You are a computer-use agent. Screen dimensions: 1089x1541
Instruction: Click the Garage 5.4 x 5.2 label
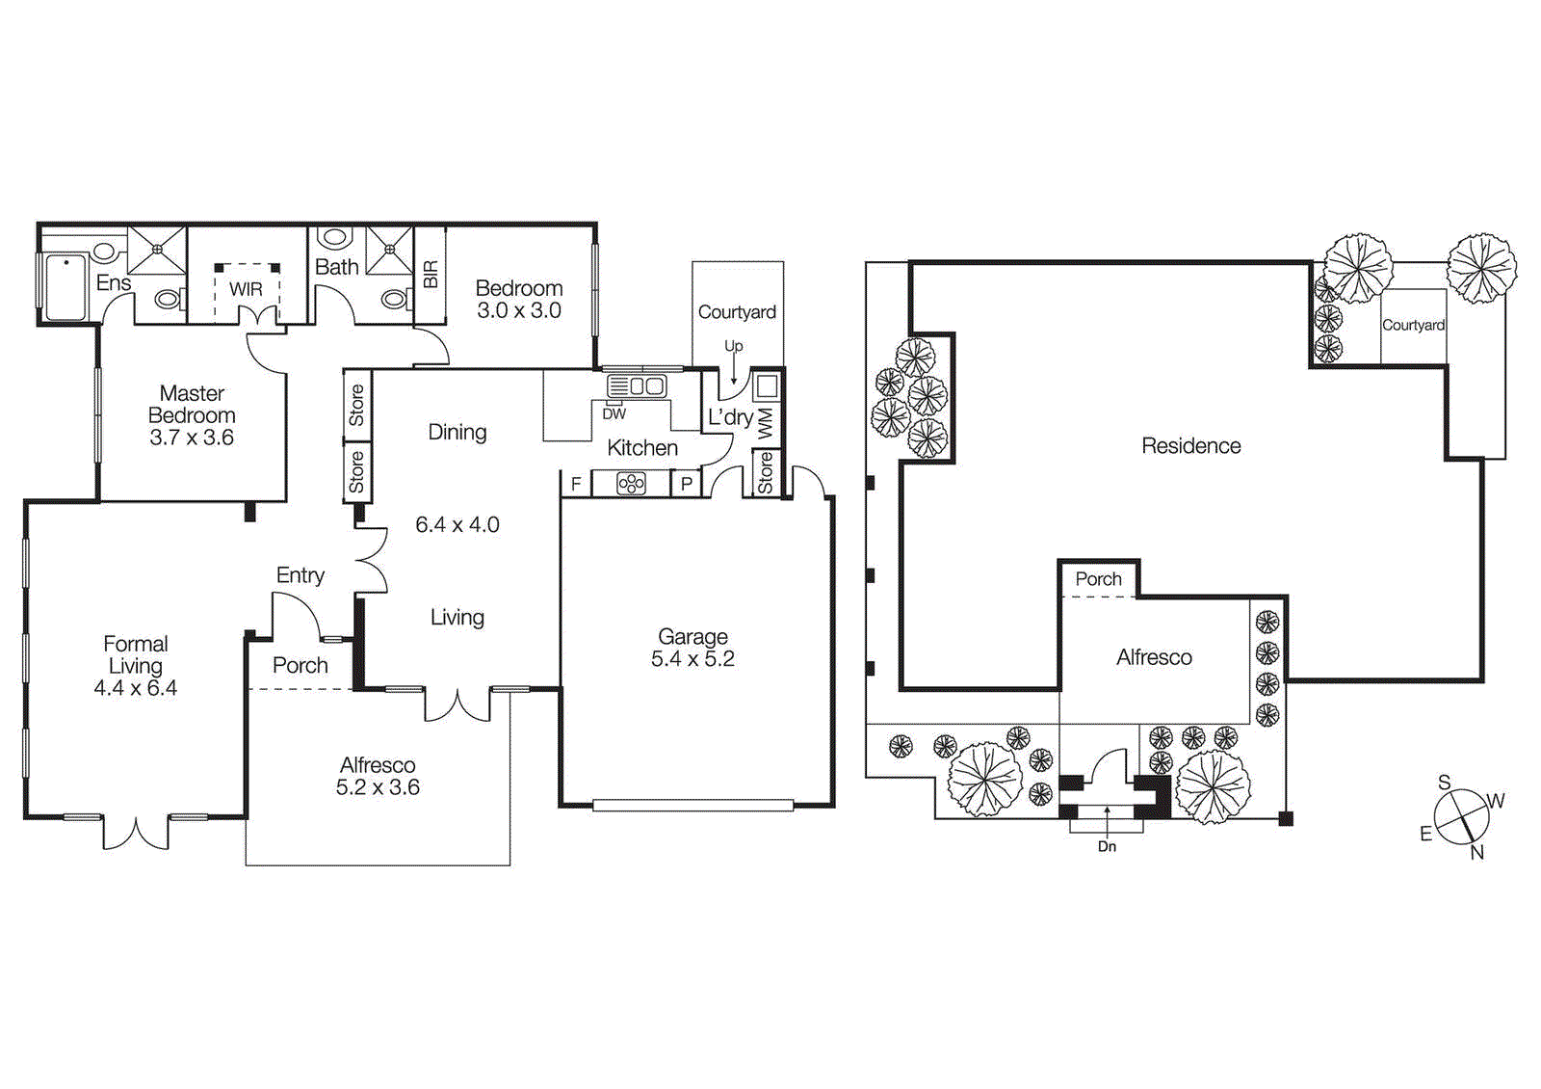click(x=692, y=648)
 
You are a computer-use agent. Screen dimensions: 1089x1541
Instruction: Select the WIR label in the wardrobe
click(x=246, y=289)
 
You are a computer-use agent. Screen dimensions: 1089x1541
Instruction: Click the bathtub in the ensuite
click(x=65, y=286)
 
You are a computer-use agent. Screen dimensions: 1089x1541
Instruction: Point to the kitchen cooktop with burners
click(x=631, y=484)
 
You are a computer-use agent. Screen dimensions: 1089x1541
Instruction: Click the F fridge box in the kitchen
click(x=576, y=484)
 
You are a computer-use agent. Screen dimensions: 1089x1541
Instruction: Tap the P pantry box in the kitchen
click(x=687, y=484)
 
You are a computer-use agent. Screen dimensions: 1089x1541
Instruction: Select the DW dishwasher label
click(x=614, y=414)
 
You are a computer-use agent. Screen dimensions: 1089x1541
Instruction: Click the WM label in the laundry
click(x=766, y=422)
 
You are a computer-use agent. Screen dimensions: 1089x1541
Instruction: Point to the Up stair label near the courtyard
click(x=734, y=346)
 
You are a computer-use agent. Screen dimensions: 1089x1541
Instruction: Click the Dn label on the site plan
click(x=1107, y=846)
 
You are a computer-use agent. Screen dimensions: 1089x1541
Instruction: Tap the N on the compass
click(x=1477, y=852)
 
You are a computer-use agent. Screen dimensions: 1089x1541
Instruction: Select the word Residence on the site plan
click(x=1190, y=446)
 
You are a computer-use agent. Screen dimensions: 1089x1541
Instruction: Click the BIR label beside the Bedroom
click(x=431, y=275)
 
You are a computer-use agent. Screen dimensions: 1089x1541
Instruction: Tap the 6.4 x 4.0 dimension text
click(x=457, y=525)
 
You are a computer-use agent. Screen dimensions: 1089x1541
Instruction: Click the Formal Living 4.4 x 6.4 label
click(x=136, y=665)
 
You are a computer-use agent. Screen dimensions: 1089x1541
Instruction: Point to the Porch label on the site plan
click(x=1098, y=579)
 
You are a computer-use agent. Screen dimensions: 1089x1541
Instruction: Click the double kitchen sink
click(x=637, y=386)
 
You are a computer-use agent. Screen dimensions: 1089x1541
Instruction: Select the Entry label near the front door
click(x=300, y=575)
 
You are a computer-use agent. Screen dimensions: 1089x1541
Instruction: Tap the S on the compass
click(x=1444, y=783)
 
